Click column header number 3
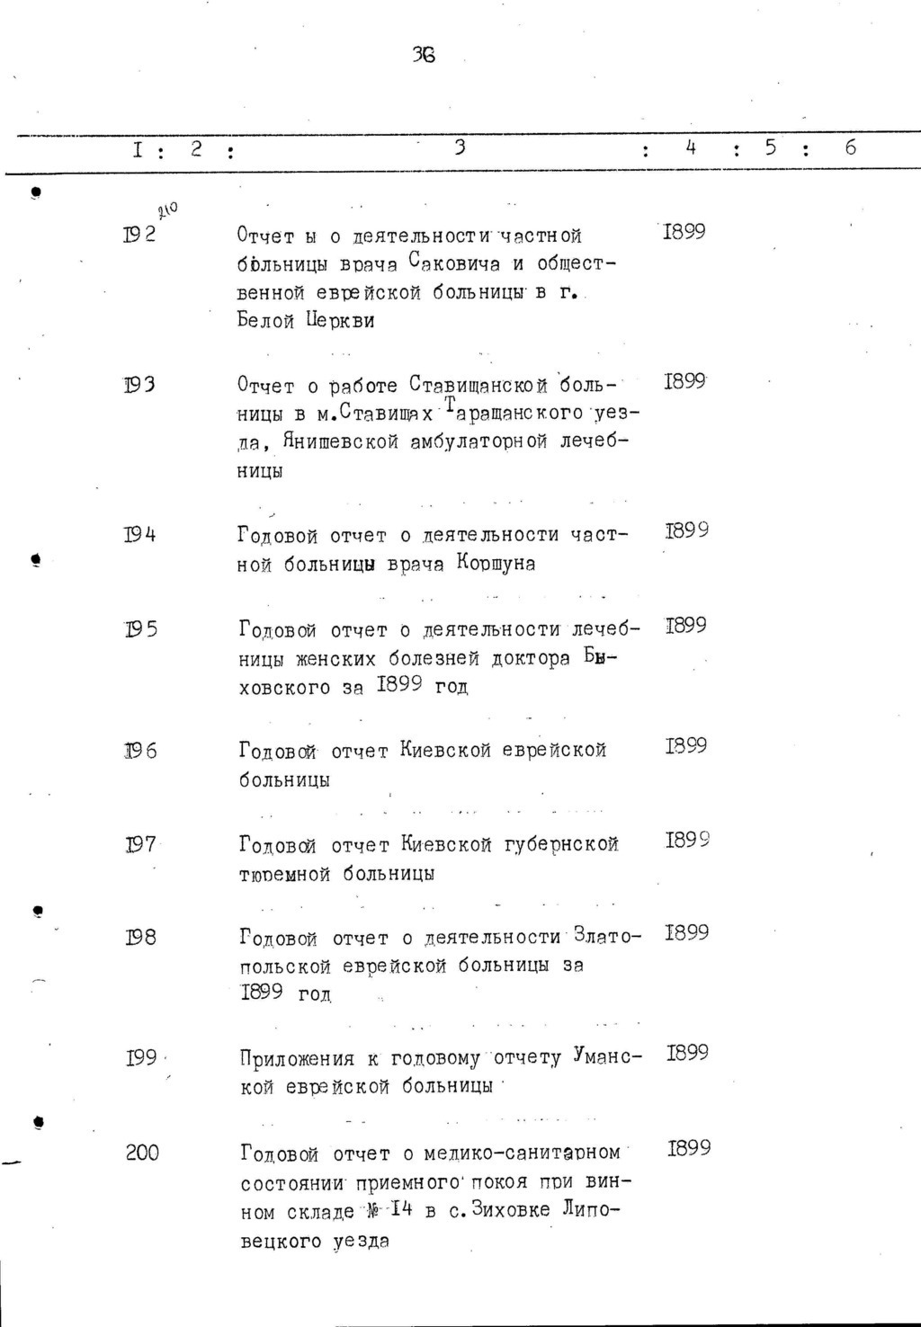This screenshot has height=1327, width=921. tap(460, 147)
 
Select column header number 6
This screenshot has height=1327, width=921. tap(850, 147)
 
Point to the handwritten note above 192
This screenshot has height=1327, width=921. tap(166, 211)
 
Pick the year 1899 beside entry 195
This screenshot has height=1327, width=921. tap(685, 625)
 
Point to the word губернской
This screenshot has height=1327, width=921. tap(562, 844)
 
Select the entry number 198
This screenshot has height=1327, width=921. tap(140, 938)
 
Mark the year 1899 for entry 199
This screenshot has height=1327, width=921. tap(687, 1053)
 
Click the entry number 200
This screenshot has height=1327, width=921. tap(142, 1153)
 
